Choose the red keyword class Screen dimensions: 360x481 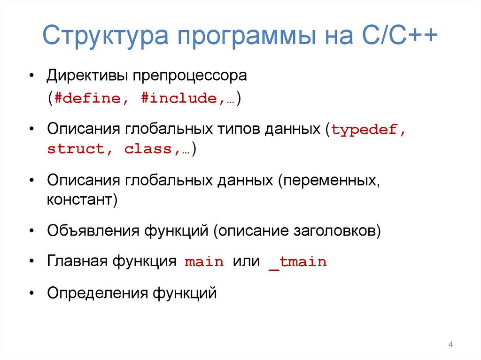point(150,149)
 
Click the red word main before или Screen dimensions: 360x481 point(204,262)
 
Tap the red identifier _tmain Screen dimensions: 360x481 point(297,262)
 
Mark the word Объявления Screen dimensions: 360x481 point(92,231)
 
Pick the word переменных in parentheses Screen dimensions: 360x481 point(331,181)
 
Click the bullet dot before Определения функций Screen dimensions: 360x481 point(31,293)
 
